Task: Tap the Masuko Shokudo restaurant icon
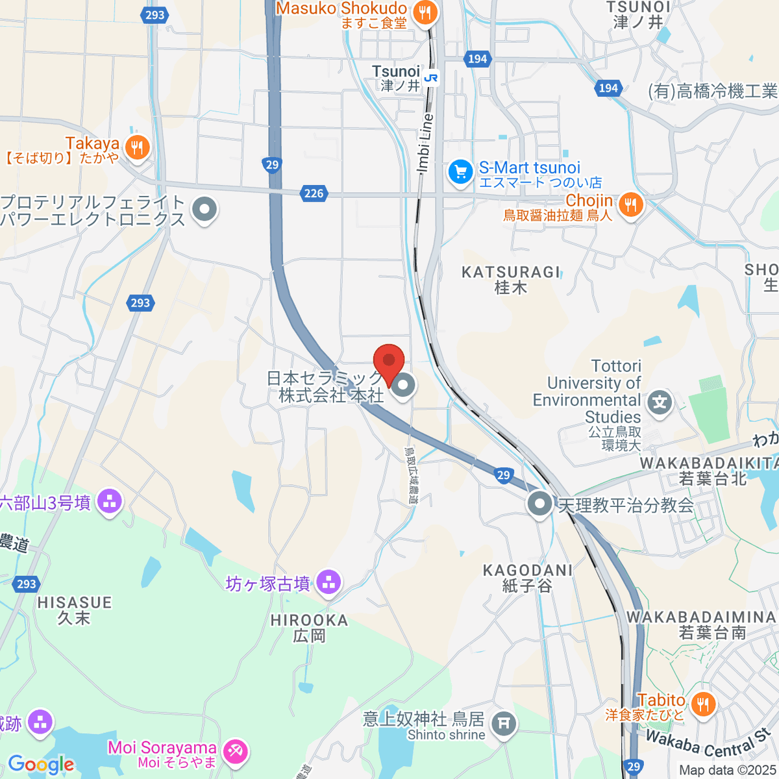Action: click(x=425, y=12)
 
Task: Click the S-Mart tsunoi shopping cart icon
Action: click(x=461, y=173)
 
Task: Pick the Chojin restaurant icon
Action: click(x=630, y=206)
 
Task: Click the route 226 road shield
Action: click(x=314, y=193)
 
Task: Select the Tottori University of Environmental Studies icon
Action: click(x=660, y=402)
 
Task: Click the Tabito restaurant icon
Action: click(x=702, y=704)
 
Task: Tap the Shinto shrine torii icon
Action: click(x=504, y=723)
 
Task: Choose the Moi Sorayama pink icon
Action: click(x=234, y=752)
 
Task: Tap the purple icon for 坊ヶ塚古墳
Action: click(x=328, y=583)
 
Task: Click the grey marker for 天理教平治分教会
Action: click(x=539, y=504)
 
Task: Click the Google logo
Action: click(x=40, y=764)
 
